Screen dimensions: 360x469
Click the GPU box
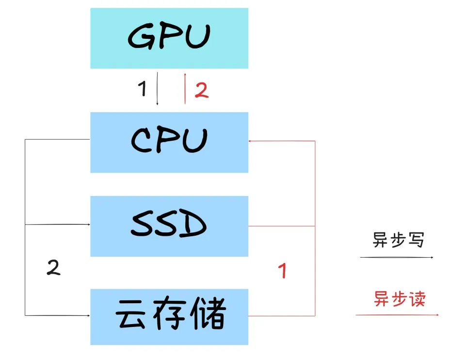(169, 38)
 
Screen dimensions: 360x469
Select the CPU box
(169, 142)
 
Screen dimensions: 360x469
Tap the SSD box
(169, 226)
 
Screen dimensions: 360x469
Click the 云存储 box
(169, 316)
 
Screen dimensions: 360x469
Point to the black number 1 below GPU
(142, 89)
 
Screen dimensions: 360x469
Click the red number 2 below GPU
(202, 91)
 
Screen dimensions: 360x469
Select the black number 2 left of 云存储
(53, 268)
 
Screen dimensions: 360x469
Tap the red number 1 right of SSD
(282, 271)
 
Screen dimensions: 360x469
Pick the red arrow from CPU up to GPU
(185, 88)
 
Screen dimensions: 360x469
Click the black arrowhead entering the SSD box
(88, 225)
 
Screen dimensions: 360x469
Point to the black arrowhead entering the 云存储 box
(88, 315)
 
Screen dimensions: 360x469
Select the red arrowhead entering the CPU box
(251, 141)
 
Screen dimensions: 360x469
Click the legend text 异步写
(398, 240)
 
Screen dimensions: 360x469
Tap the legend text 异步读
(399, 298)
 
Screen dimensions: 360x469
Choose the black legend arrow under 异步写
(397, 258)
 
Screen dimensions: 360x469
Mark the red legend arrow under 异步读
(397, 315)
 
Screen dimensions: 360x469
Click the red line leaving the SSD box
(281, 226)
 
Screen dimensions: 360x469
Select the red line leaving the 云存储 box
(281, 316)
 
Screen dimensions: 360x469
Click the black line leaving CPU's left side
(57, 139)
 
